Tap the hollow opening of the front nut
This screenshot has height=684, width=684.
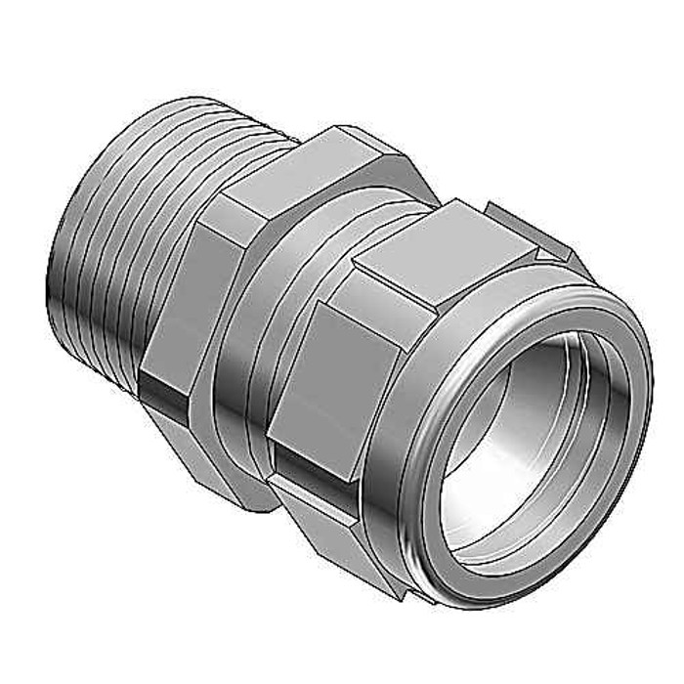coord(528,430)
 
